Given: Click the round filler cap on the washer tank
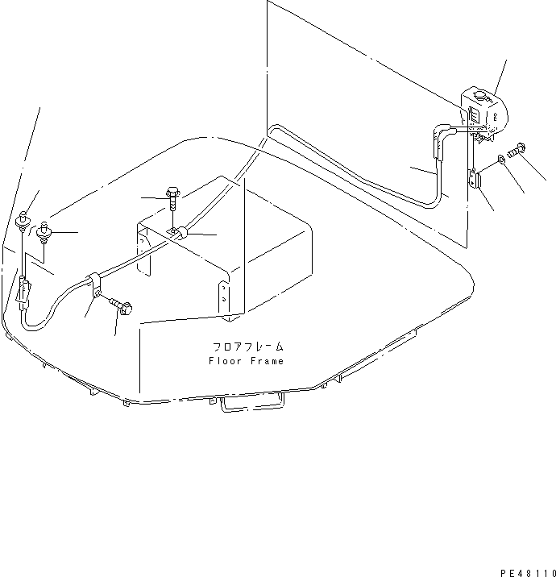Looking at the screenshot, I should tap(477, 97).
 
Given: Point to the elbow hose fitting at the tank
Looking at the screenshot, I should tap(445, 134).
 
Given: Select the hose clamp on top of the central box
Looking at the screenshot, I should tap(179, 234).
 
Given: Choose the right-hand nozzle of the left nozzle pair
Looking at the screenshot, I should tap(44, 234).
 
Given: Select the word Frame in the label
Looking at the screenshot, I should tap(268, 361).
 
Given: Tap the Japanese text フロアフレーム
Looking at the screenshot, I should tap(248, 347).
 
